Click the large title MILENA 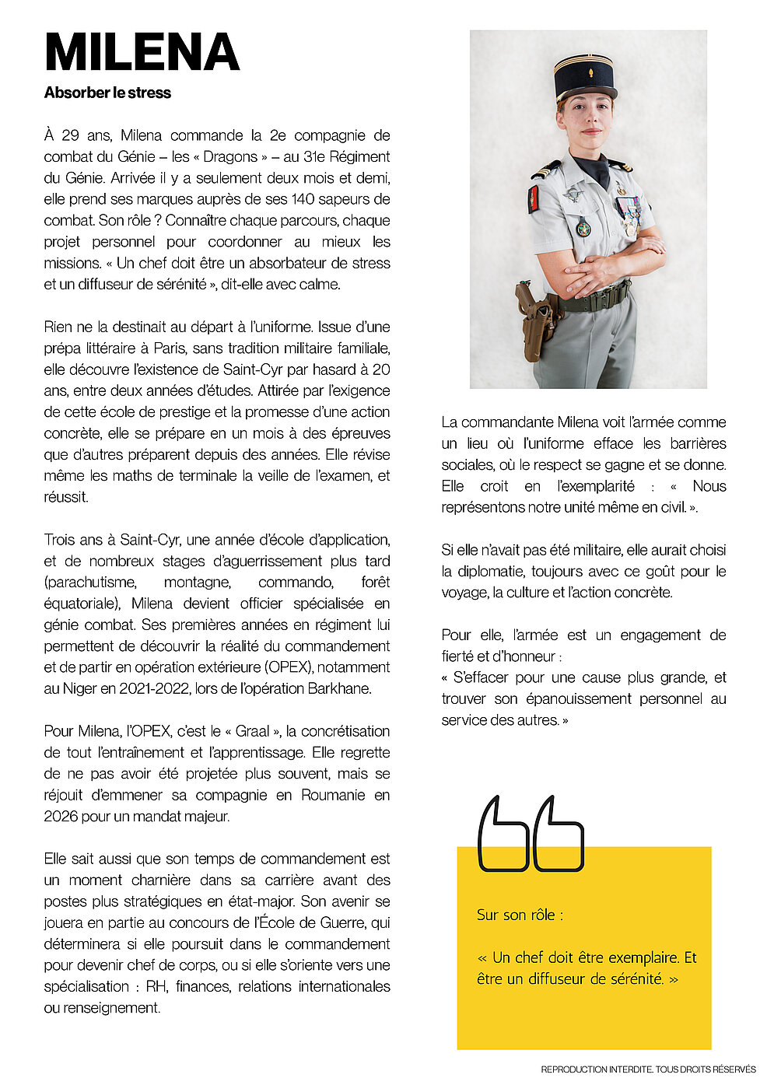142,53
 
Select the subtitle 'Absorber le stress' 107,93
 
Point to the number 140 301,199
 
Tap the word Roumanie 333,795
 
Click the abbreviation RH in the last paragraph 156,986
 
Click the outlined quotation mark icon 530,833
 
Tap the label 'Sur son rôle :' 520,915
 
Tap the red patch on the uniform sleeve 533,199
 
